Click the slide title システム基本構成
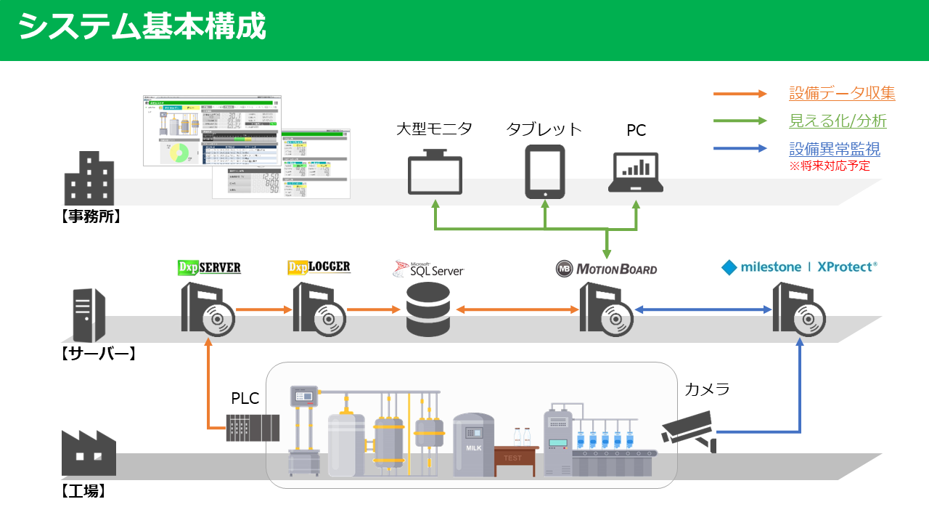point(142,28)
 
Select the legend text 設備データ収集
point(842,93)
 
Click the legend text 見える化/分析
point(838,121)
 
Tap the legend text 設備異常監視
point(835,149)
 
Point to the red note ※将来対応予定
point(829,166)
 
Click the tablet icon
point(545,171)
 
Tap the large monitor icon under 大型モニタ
point(435,171)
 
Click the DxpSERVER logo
point(209,268)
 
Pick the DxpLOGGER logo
point(319,267)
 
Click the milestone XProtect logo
point(799,267)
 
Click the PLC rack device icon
point(253,428)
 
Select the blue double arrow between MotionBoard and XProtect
point(703,310)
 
